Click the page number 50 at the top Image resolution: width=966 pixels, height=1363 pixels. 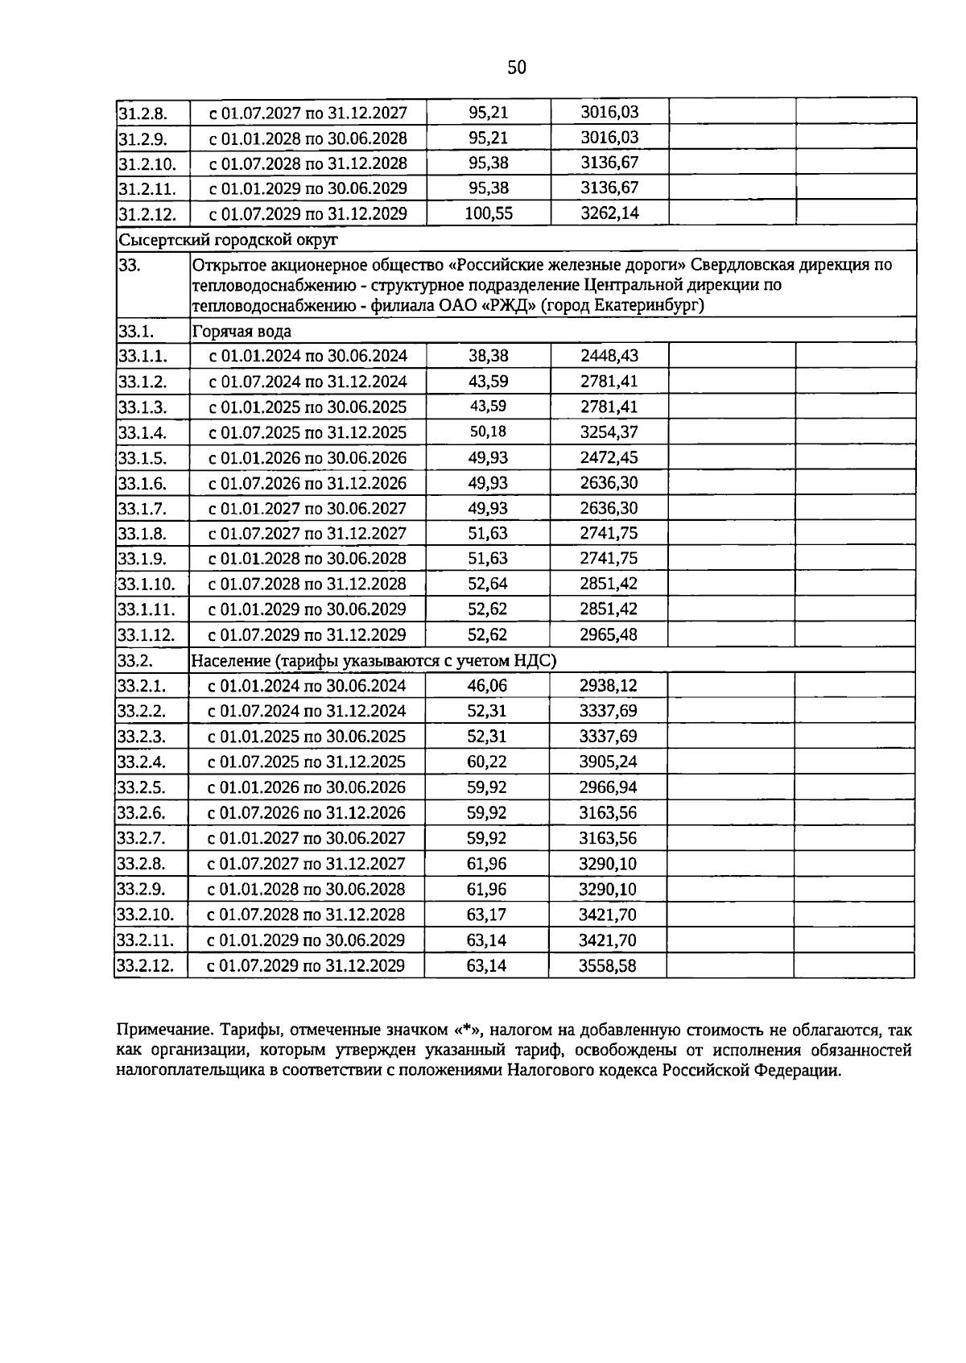coord(517,68)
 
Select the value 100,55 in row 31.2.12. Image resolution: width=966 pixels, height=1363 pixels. coord(489,213)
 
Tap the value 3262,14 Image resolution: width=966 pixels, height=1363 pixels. coord(609,213)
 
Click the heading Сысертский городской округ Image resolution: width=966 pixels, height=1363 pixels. coord(228,239)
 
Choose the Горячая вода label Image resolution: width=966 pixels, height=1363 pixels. coord(241,331)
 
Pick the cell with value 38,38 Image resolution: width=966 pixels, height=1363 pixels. coord(488,356)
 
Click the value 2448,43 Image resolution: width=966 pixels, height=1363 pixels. coord(609,356)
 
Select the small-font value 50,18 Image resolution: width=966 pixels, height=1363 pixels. coord(488,432)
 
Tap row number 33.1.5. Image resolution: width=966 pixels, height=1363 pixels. coord(142,458)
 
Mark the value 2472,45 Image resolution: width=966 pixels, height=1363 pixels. coord(609,458)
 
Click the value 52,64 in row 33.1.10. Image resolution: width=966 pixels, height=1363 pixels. coord(488,584)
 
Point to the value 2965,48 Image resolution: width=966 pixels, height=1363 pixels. coord(609,634)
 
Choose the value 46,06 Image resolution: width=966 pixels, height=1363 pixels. coord(487,686)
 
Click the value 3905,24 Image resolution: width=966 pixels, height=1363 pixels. coord(608,762)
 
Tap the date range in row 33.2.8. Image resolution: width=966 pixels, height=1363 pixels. coord(306,864)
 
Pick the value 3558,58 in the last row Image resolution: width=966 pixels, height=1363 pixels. coord(607,965)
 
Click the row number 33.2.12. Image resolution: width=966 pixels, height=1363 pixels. coord(146,965)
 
